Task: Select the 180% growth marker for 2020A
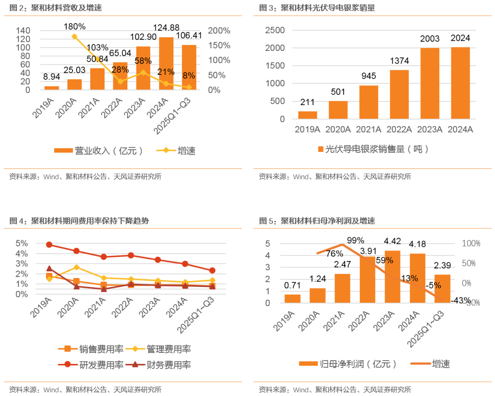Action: pyautogui.click(x=75, y=36)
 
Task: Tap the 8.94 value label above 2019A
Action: pyautogui.click(x=51, y=77)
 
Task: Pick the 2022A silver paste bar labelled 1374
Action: pyautogui.click(x=399, y=95)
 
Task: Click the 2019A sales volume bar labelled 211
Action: pyautogui.click(x=308, y=115)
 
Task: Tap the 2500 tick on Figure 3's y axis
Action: pyautogui.click(x=276, y=30)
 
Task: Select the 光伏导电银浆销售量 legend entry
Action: pyautogui.click(x=373, y=149)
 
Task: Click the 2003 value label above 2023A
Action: pyautogui.click(x=430, y=39)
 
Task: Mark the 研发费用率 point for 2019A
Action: pyautogui.click(x=49, y=245)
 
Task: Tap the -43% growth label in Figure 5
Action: pyautogui.click(x=460, y=301)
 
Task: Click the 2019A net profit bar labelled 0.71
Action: pyautogui.click(x=292, y=299)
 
